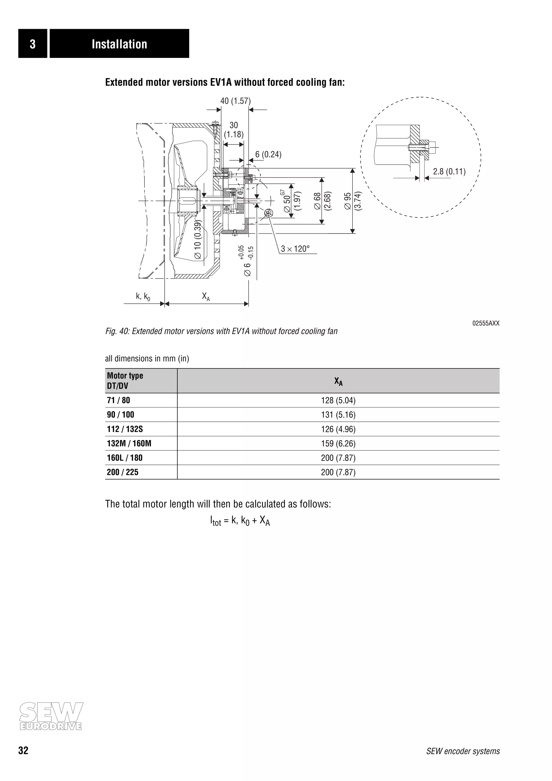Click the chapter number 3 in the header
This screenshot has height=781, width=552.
click(x=33, y=44)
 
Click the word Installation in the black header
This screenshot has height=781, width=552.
click(x=119, y=44)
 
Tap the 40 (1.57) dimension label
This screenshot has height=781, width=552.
click(x=235, y=101)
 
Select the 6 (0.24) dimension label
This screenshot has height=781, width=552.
click(x=268, y=154)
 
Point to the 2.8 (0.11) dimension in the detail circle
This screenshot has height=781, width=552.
click(x=449, y=171)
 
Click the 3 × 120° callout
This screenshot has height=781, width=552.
click(x=295, y=249)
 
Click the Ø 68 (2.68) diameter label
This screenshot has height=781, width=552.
click(x=322, y=201)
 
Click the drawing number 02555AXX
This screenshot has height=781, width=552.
click(x=486, y=323)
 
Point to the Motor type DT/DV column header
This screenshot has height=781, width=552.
click(x=125, y=381)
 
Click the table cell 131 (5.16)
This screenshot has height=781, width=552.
click(x=338, y=415)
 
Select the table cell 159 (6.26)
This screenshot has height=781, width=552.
click(x=338, y=444)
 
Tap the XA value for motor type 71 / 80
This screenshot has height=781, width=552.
click(x=338, y=400)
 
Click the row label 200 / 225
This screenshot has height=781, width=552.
click(x=122, y=472)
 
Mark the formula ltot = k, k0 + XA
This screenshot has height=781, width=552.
click(x=240, y=520)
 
